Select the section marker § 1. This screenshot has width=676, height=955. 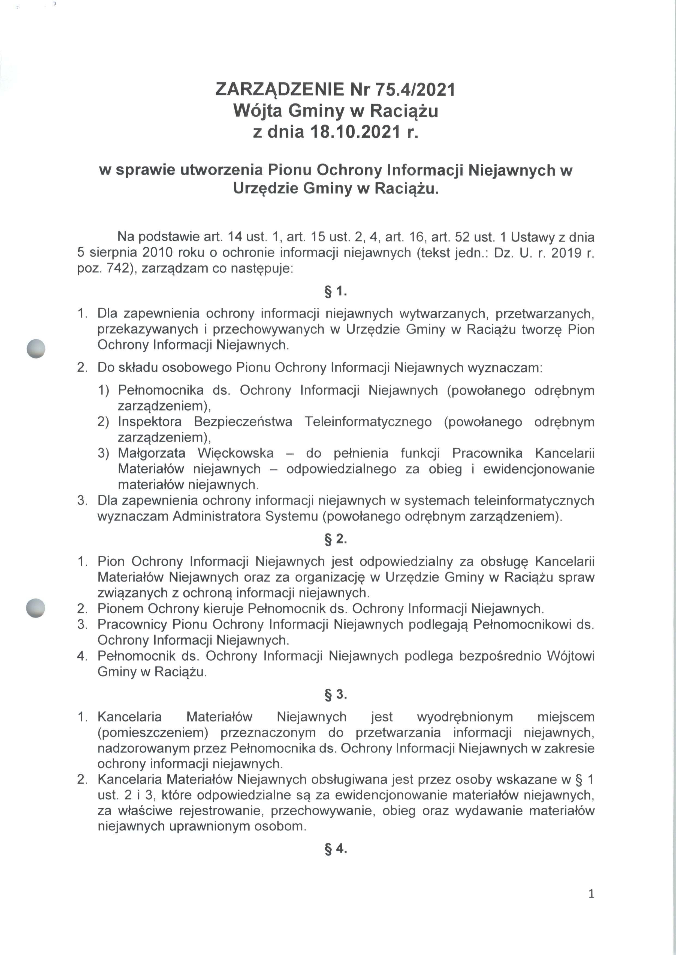pyautogui.click(x=336, y=291)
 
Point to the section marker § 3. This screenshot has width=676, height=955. pyautogui.click(x=336, y=694)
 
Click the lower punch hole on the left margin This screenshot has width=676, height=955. pyautogui.click(x=35, y=608)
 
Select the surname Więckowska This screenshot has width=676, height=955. pyautogui.click(x=236, y=453)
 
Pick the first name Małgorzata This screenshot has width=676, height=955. pyautogui.click(x=154, y=453)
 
